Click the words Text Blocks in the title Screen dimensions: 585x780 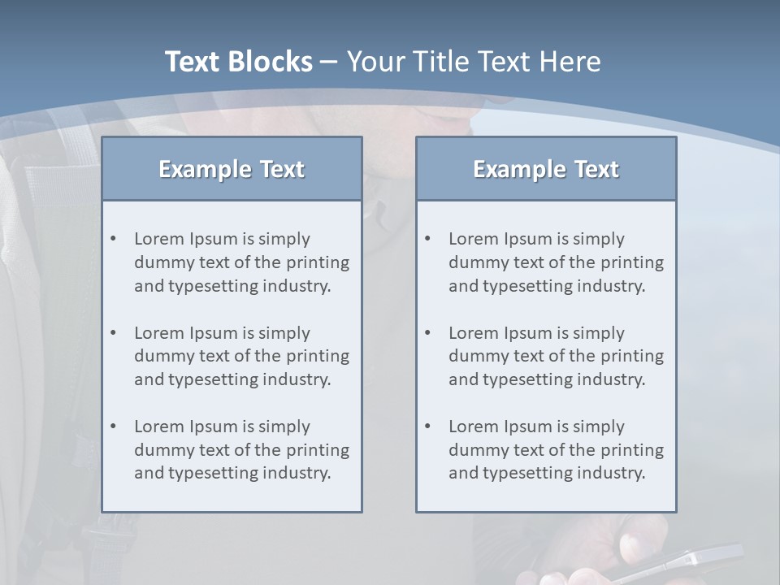point(238,62)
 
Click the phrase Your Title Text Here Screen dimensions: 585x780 point(474,62)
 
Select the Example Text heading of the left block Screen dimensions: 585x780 point(232,169)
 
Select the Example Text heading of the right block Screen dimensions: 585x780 point(546,169)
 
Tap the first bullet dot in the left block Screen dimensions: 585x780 point(113,239)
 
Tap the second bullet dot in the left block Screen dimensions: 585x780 point(113,333)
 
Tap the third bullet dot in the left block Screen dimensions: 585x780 point(113,427)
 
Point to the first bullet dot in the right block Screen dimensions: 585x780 point(427,239)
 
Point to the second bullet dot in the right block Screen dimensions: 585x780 point(427,333)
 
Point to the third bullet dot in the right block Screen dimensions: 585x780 point(427,427)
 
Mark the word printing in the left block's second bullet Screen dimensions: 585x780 point(318,356)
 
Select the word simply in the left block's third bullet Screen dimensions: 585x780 point(284,427)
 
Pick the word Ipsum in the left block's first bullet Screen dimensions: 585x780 point(214,239)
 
